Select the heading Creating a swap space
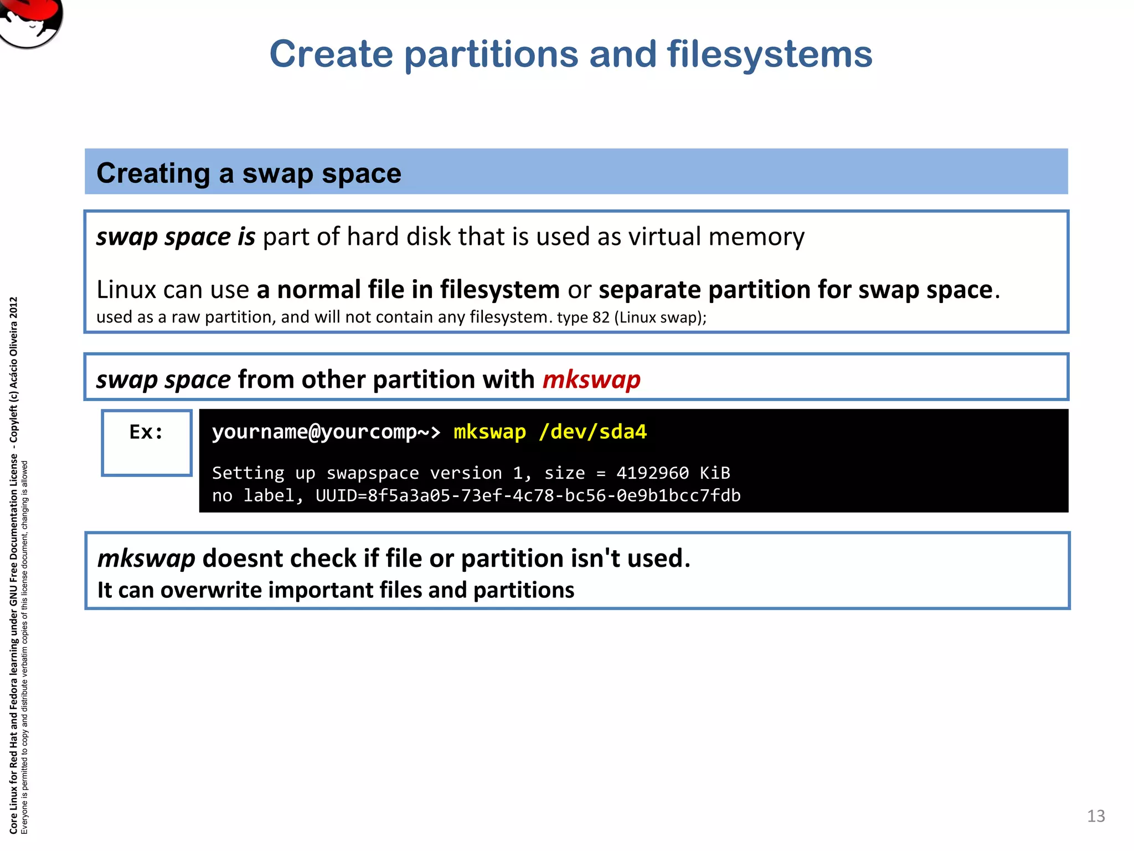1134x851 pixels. (249, 173)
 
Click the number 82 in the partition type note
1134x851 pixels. (601, 317)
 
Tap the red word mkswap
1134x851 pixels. (591, 380)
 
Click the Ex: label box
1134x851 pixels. (147, 442)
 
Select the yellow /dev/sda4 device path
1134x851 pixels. (592, 432)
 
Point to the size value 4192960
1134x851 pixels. (652, 473)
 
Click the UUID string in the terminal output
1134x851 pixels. (528, 495)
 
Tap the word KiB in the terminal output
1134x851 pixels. (715, 473)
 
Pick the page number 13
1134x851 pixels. (1095, 816)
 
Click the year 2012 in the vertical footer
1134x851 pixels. (14, 308)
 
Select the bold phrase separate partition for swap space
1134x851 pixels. (796, 290)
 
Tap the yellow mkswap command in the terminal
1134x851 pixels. (489, 432)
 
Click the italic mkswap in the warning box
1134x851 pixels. (146, 558)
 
